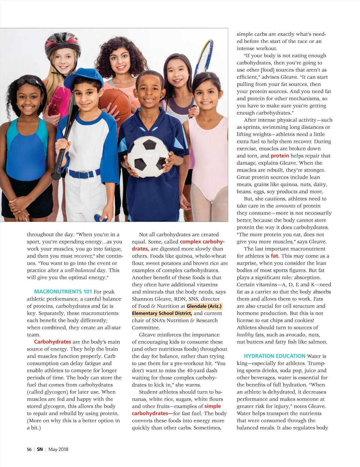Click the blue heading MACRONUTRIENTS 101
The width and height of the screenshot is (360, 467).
63,292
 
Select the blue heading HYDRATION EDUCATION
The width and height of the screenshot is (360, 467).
274,356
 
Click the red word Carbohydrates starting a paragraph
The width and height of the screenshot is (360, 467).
52,342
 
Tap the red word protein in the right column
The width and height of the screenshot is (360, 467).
280,156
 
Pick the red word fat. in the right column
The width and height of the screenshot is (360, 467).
275,256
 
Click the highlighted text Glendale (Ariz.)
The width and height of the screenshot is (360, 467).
204,306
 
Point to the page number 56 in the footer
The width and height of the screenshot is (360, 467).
29,449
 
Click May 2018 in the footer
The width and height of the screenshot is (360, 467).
58,449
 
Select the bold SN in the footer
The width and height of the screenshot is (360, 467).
40,449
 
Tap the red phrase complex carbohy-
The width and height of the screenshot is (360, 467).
202,242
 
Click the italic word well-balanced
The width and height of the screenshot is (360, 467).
80,270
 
